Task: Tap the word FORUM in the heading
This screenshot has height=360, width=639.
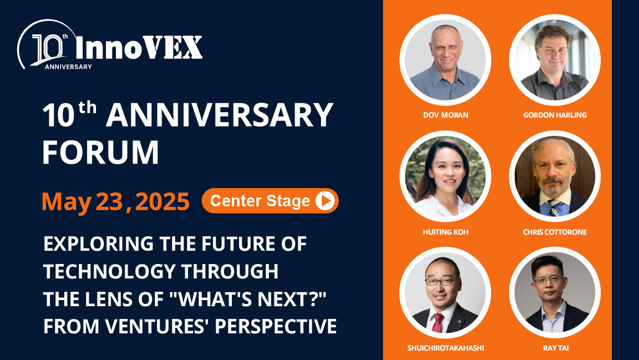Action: click(101, 152)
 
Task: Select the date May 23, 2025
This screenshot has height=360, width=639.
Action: click(115, 202)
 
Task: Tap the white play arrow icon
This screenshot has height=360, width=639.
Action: click(325, 201)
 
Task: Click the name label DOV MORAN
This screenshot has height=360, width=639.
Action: click(445, 115)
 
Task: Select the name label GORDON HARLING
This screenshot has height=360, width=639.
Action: click(555, 115)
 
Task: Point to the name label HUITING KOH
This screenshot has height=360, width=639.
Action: click(445, 232)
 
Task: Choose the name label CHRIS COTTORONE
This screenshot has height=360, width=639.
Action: click(555, 232)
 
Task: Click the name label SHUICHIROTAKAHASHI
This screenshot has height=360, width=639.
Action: click(445, 348)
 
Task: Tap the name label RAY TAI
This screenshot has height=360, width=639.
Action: click(555, 348)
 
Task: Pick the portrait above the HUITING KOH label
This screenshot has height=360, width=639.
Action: click(445, 176)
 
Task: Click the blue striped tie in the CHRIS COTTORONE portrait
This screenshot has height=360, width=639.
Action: click(554, 208)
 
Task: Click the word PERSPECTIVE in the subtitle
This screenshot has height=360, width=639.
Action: click(275, 326)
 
